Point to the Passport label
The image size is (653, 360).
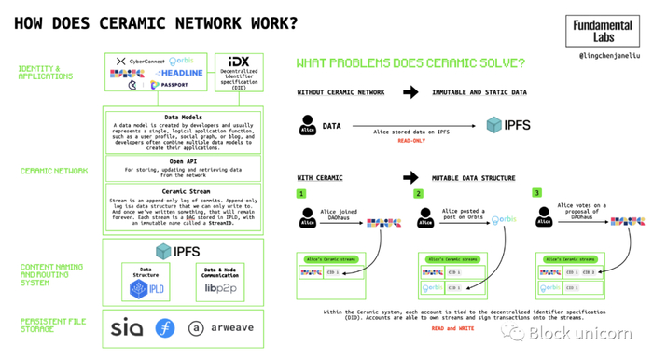click(174, 85)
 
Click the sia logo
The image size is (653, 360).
click(128, 328)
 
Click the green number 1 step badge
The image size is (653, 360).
click(302, 193)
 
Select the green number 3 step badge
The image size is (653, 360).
click(537, 192)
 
